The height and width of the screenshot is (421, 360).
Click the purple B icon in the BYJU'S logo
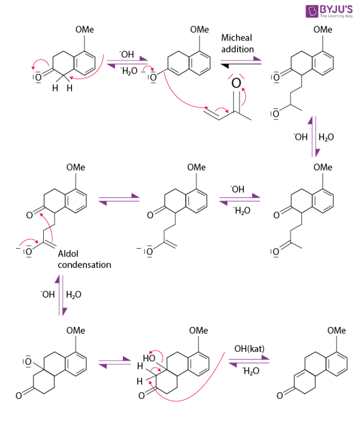pos(312,11)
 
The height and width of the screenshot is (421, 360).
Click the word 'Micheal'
pos(237,38)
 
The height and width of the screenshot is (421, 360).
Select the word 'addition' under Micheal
pos(238,49)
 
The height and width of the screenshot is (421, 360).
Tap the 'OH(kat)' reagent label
pos(249,349)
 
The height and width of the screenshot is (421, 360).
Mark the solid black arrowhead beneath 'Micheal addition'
pos(225,64)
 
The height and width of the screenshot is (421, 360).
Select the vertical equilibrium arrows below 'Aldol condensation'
pos(60,296)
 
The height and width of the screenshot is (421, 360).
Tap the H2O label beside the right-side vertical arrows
pos(326,137)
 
